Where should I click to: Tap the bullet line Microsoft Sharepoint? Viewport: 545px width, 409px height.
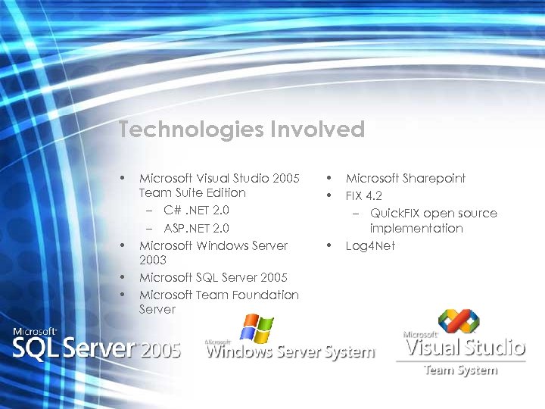coord(405,179)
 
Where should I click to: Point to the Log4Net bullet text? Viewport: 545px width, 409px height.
coord(370,245)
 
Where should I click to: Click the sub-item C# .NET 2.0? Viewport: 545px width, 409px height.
coord(196,210)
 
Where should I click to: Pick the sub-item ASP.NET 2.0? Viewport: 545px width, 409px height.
coord(197,228)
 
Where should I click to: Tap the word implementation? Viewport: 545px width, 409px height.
coord(416,228)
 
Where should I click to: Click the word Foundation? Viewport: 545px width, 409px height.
coord(260,295)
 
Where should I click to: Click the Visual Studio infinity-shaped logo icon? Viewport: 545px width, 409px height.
coord(459,322)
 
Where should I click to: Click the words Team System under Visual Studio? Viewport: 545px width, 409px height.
coord(460,370)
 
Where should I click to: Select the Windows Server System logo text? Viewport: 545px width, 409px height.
coord(291,352)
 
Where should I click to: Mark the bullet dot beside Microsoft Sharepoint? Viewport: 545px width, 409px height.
coord(329,178)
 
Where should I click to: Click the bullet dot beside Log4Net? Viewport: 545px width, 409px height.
coord(329,245)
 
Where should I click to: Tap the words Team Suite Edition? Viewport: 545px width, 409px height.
coord(192,193)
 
